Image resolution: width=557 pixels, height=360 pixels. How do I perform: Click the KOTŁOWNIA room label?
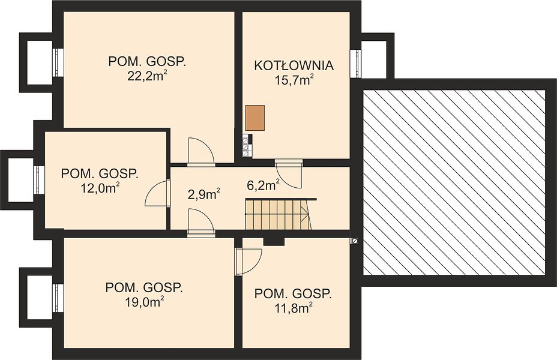tap(294, 65)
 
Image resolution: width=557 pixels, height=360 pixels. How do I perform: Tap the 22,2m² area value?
tap(147, 76)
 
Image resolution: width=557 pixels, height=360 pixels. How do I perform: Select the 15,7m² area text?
tap(294, 80)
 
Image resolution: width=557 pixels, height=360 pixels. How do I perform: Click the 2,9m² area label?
tap(204, 194)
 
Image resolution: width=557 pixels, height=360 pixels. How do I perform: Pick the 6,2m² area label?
tap(263, 185)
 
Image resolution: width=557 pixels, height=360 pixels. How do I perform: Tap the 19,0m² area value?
tap(144, 302)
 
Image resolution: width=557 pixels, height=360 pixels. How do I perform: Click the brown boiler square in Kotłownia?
tap(255, 118)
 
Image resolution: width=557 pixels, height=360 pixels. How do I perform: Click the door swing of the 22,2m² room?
tap(201, 152)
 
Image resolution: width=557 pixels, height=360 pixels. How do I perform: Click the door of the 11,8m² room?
tap(248, 261)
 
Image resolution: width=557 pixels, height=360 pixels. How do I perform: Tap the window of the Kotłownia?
tap(355, 63)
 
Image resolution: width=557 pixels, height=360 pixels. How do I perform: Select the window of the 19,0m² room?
tap(58, 298)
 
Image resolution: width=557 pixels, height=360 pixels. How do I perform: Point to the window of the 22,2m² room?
tap(58, 62)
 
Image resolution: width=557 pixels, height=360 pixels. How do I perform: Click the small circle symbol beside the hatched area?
tap(354, 241)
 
